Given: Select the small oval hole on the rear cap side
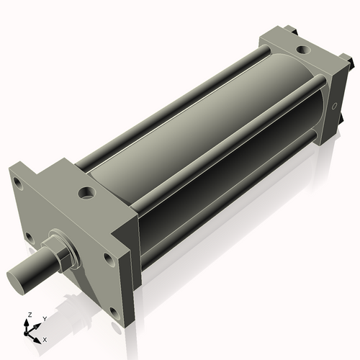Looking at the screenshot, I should (334, 106).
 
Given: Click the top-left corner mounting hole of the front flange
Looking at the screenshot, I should (19, 184).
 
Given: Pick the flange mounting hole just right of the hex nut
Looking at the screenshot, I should (107, 257).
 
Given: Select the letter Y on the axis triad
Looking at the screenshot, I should (44, 318).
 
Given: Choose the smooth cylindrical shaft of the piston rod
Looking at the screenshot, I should (32, 269).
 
